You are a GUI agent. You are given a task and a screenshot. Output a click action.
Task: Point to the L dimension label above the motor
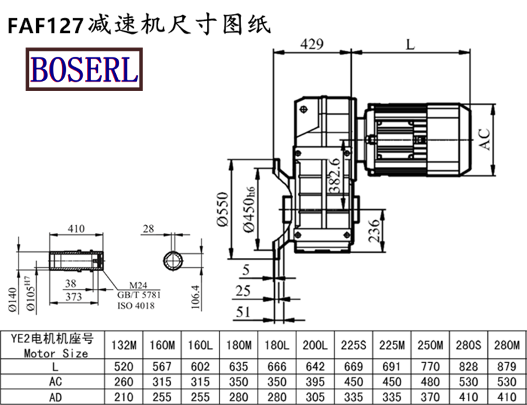pos(410,45)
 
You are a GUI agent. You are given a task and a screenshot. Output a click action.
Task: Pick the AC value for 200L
pos(316,382)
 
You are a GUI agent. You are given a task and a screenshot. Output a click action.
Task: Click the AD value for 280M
pos(506,396)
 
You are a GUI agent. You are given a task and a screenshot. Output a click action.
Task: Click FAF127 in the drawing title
pos(45,24)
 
